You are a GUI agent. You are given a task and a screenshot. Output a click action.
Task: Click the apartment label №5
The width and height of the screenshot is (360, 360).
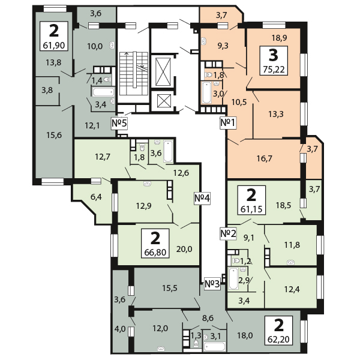[119, 123]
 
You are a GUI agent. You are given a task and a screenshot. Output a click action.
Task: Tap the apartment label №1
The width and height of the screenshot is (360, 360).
[228, 122]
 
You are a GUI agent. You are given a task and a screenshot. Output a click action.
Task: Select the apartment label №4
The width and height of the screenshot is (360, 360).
[202, 198]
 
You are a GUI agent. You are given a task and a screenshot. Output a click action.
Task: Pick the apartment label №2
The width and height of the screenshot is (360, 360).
[228, 234]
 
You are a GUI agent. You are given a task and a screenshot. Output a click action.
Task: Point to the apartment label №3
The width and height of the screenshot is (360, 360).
[212, 284]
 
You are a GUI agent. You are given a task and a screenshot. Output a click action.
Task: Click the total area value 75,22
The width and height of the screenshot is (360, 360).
[274, 69]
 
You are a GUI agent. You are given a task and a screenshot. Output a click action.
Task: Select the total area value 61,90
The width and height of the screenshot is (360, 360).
[54, 45]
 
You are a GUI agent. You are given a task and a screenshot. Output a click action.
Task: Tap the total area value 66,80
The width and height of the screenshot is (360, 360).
[155, 253]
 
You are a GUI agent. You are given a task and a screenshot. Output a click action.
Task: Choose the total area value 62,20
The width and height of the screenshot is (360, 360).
[279, 339]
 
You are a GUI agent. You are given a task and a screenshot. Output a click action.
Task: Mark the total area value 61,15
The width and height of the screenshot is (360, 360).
[251, 209]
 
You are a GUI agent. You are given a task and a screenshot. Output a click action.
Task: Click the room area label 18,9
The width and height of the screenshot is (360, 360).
[280, 38]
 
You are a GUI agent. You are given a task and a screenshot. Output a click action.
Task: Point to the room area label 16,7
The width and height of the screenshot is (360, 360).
[264, 158]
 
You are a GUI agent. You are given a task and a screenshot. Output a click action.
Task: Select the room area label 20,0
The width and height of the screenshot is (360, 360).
[184, 249]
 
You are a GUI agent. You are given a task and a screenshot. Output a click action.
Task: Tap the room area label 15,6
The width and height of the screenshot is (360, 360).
[54, 135]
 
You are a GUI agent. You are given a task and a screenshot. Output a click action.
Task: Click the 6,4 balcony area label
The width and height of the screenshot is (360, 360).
[96, 197]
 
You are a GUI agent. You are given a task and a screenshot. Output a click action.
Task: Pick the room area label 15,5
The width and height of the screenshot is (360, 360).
[170, 288]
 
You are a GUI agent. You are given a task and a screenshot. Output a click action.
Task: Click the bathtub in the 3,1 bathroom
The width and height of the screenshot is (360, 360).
[215, 347]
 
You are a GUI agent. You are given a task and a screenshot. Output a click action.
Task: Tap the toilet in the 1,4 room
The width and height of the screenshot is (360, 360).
[107, 80]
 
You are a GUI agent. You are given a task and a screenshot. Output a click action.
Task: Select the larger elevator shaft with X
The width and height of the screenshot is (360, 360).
[163, 72]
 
